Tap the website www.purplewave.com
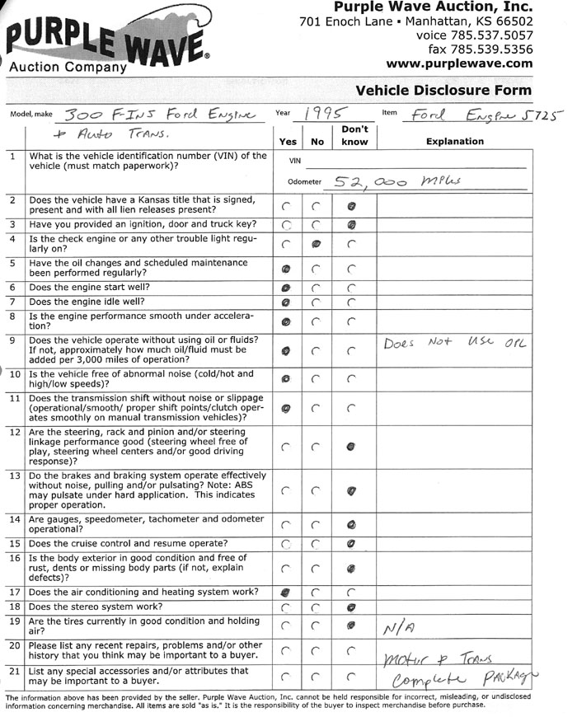tap(459, 63)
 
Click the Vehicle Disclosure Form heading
tap(443, 91)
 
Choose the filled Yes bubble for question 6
tap(286, 288)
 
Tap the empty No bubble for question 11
tap(316, 407)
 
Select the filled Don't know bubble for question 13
tap(351, 491)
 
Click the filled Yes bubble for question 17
tap(286, 591)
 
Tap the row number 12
tap(15, 432)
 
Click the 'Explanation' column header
tap(454, 141)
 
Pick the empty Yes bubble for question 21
tap(286, 677)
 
